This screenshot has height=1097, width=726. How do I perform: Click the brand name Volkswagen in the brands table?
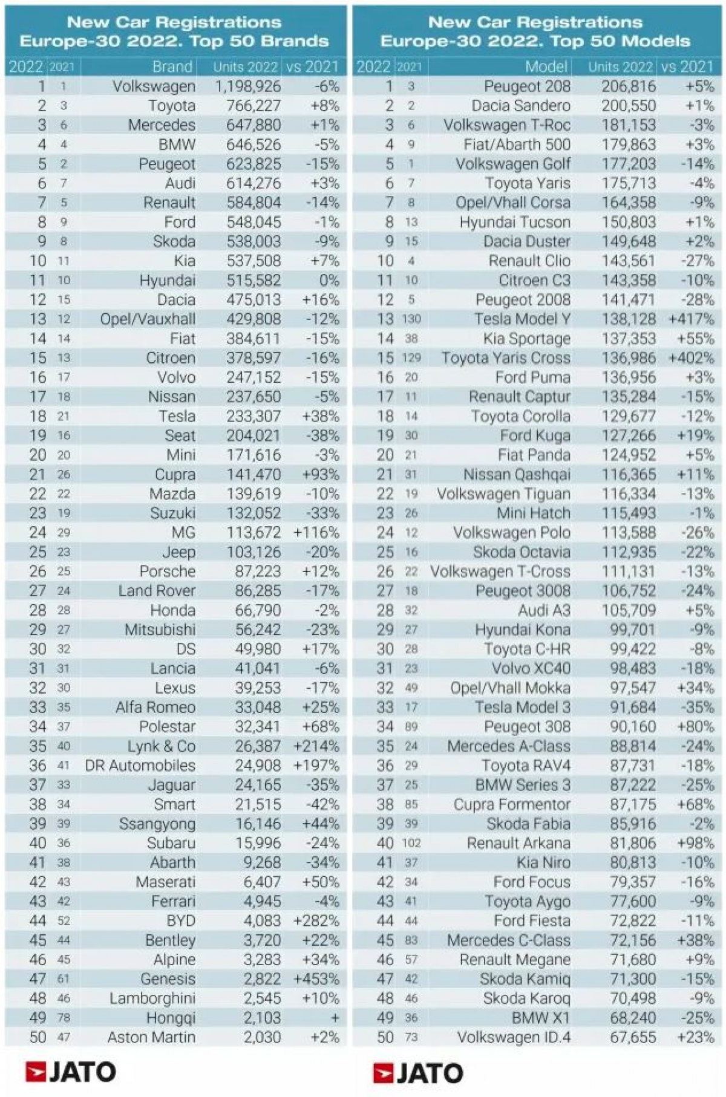(x=154, y=86)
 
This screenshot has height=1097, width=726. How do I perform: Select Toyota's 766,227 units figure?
(x=253, y=106)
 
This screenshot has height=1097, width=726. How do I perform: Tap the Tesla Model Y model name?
(x=522, y=319)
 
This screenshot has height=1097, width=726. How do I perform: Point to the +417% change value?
(x=692, y=319)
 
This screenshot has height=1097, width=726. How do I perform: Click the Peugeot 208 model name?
(x=527, y=86)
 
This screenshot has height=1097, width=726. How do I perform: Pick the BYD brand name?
(x=181, y=921)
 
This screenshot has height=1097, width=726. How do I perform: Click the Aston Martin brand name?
(x=151, y=1038)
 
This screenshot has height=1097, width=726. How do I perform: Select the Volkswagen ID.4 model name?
(x=514, y=1038)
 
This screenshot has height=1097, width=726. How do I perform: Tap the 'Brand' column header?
(x=172, y=67)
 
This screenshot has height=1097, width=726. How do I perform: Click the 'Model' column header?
(x=546, y=67)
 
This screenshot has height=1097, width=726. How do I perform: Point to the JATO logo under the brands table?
(x=71, y=1072)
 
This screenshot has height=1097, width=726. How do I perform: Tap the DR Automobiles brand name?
(x=140, y=766)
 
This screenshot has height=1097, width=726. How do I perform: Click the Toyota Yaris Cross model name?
(x=506, y=358)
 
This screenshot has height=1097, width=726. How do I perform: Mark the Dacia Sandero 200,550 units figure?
(x=629, y=106)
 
